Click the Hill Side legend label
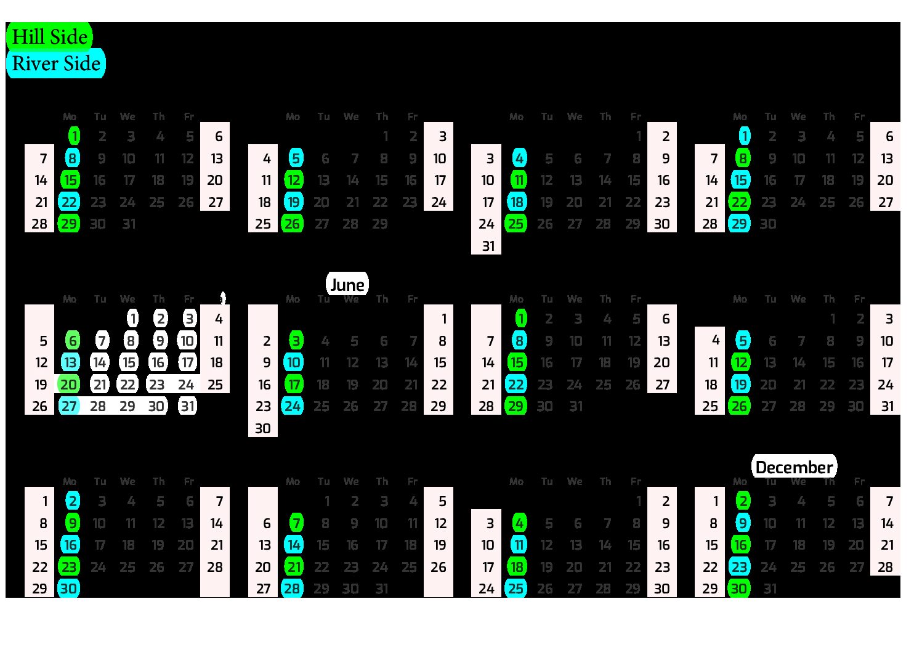click(49, 37)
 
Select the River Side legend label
click(56, 63)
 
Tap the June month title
click(347, 285)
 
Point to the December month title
click(794, 467)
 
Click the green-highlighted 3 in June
click(296, 341)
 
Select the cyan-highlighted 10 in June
click(294, 363)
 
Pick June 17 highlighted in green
click(294, 385)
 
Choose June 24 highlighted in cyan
click(293, 407)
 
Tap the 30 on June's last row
click(263, 428)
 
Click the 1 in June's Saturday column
click(443, 319)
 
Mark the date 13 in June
click(382, 363)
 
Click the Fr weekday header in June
click(412, 300)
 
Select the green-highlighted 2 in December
click(743, 502)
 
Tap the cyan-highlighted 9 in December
click(743, 524)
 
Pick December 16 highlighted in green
click(740, 545)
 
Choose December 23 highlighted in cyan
click(739, 567)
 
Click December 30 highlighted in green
click(739, 589)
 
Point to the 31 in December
click(770, 589)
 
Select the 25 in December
click(799, 567)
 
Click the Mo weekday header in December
click(740, 482)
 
